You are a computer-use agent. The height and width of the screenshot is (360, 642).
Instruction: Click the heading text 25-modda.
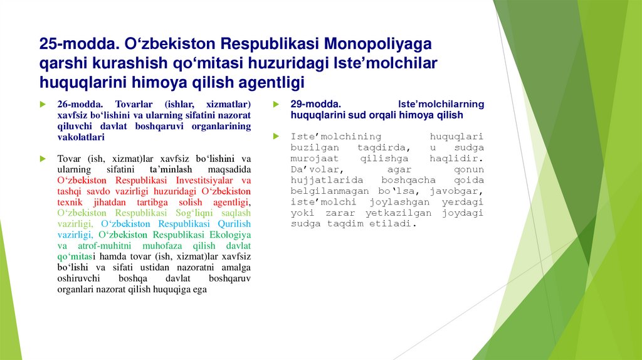[x=76, y=44]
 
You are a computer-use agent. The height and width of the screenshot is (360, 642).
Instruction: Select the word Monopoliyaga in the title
[x=377, y=44]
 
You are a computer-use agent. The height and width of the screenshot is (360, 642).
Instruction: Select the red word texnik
[x=69, y=203]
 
